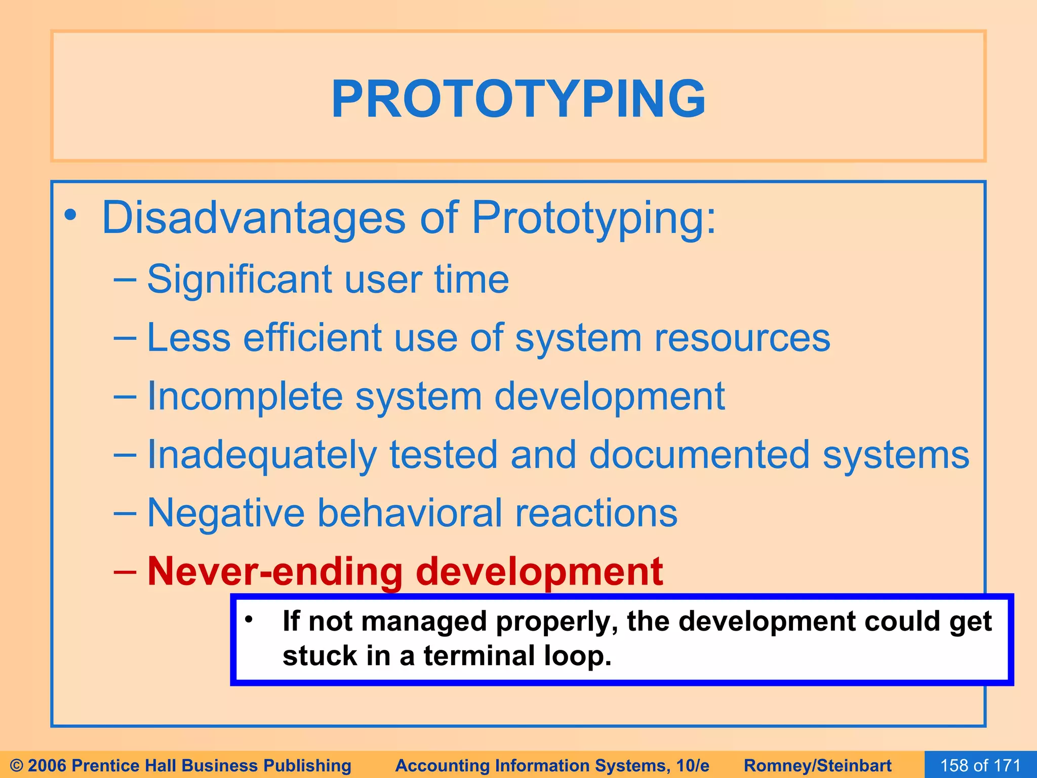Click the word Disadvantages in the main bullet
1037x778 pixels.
[253, 218]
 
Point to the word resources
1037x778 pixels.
[742, 338]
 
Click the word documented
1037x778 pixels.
[699, 454]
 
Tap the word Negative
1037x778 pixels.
[226, 513]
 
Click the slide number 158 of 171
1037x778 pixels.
[980, 765]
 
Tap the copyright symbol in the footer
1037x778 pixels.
[16, 765]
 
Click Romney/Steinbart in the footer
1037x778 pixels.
[817, 765]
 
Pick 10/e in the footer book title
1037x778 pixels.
[693, 765]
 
